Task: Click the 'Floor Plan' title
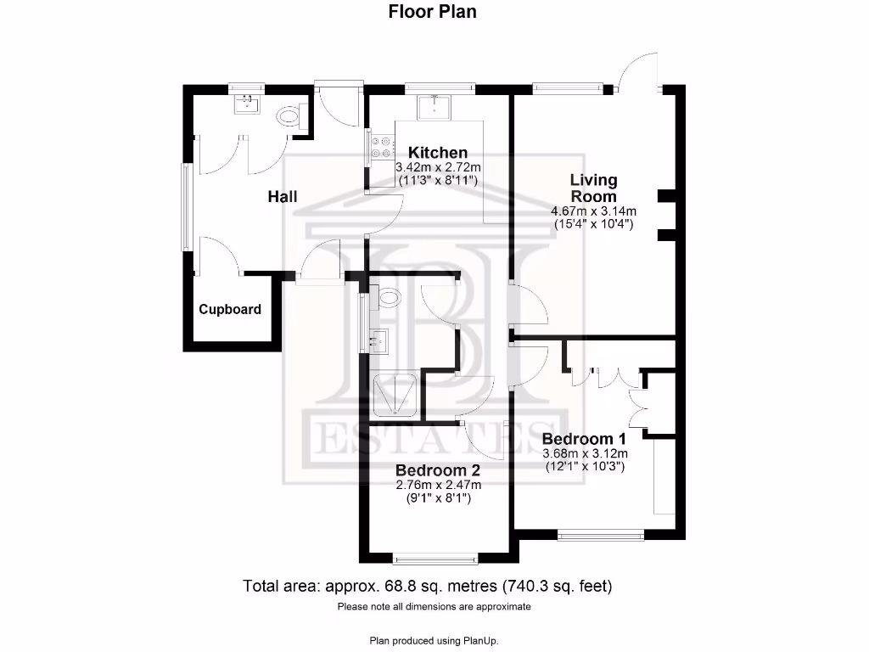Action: [433, 12]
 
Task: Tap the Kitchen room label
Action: [438, 153]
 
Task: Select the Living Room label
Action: [593, 188]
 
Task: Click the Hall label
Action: [283, 197]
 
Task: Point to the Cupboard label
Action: [230, 310]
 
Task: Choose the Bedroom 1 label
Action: [584, 439]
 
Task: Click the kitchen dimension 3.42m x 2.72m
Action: [439, 167]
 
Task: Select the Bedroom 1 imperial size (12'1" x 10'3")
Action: [584, 466]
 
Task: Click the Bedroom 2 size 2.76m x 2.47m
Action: [438, 486]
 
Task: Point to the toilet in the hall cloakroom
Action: [290, 117]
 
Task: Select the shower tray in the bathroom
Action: [395, 396]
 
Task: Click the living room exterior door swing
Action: [637, 72]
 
